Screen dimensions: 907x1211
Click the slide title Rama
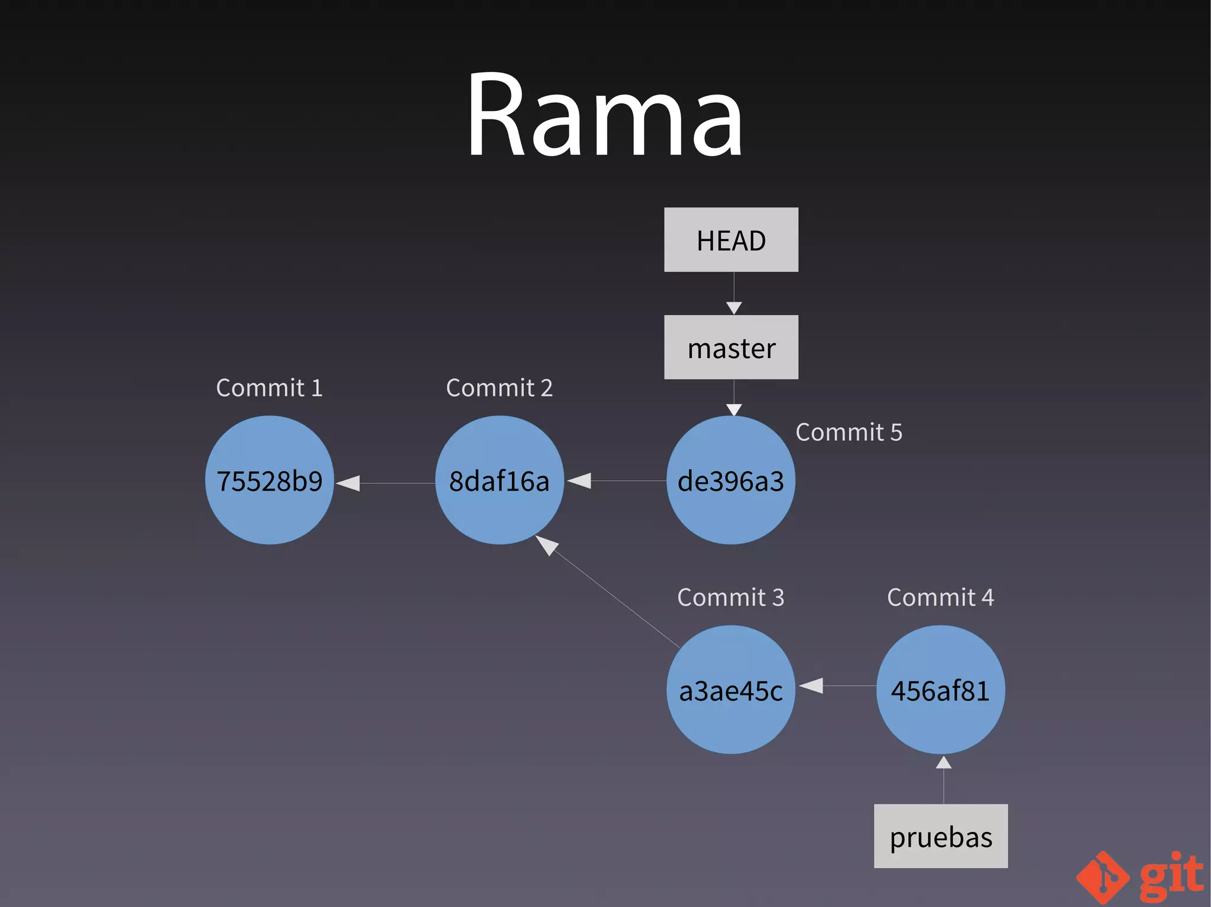tap(604, 115)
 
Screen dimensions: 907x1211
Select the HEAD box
tap(731, 240)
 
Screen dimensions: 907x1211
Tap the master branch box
tap(731, 347)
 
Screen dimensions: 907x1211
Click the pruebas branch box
tap(941, 836)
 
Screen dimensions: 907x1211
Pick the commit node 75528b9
tap(270, 480)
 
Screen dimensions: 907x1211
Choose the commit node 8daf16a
tap(500, 480)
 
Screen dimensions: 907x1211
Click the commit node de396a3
tap(731, 480)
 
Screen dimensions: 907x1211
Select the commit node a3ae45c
tap(731, 690)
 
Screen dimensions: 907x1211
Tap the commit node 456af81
tap(940, 690)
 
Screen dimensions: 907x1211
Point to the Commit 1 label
tap(270, 388)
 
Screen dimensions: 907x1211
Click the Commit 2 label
tap(500, 388)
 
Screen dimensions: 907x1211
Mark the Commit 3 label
tap(731, 597)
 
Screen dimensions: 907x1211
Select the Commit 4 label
tap(940, 597)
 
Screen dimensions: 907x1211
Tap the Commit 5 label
tap(849, 432)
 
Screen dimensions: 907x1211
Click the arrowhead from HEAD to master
tap(734, 308)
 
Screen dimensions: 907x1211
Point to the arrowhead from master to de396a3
tap(734, 409)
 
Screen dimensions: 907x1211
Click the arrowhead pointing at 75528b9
tap(349, 483)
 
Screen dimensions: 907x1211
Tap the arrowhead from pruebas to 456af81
tap(944, 763)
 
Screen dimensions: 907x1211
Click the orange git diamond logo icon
tap(1103, 877)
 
